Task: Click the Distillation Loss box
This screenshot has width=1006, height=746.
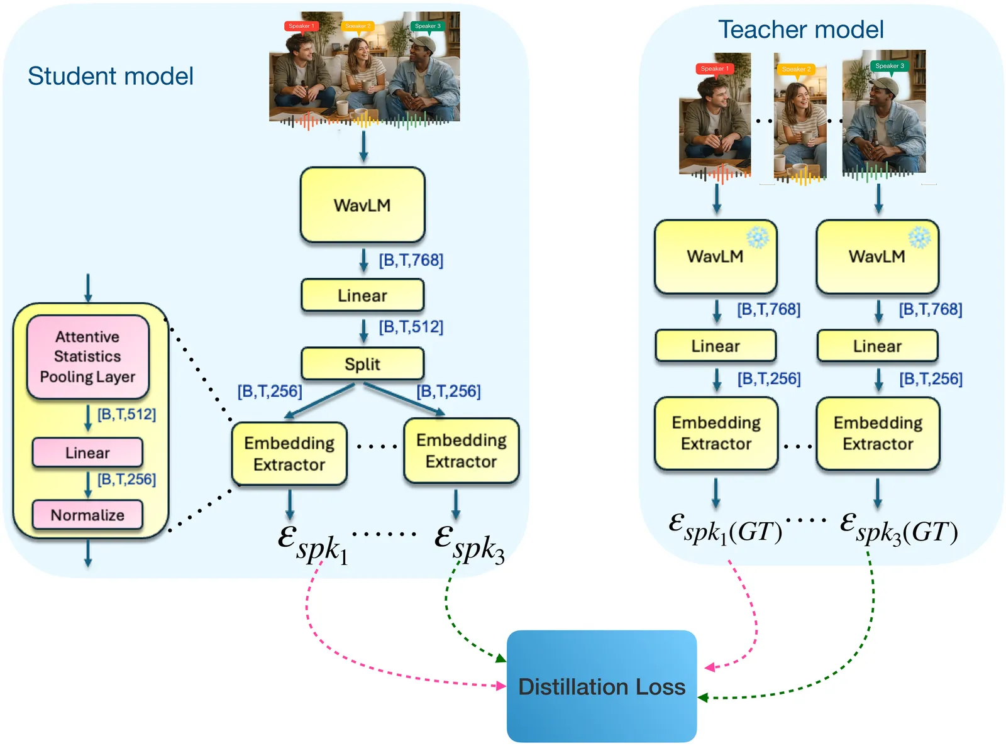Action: (602, 686)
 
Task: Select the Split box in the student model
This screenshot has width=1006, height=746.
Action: (362, 364)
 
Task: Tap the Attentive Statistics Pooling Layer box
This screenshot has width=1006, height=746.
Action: (87, 357)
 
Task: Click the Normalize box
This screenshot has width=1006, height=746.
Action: (87, 515)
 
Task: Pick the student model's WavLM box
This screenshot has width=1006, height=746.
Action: (362, 205)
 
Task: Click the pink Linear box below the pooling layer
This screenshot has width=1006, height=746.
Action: (87, 453)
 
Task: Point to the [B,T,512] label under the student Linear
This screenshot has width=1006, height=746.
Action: (411, 327)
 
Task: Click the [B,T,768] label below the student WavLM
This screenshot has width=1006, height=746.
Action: (411, 260)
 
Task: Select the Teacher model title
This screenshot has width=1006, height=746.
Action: (800, 30)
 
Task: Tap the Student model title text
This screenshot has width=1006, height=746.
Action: (111, 76)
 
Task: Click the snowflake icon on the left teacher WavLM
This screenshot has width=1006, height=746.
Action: (758, 238)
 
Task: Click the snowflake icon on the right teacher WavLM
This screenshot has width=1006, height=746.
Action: (919, 238)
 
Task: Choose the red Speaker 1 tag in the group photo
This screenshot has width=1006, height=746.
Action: (301, 26)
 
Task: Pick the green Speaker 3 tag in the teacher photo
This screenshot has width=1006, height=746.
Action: (889, 66)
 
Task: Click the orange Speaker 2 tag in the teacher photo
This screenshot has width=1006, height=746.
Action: (796, 69)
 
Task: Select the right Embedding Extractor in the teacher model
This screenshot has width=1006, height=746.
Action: (878, 433)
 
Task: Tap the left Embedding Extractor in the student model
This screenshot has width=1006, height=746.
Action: (289, 454)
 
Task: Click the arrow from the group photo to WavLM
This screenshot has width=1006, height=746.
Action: (363, 146)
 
